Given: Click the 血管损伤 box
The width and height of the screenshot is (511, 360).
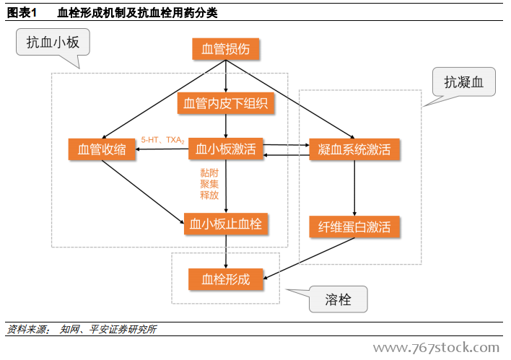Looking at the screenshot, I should pos(226,49).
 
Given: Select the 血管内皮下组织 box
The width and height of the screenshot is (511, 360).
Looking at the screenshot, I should pos(226,104).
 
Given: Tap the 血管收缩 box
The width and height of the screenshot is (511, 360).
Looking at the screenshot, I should pos(102,149).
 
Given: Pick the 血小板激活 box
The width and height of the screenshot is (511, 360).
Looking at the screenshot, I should pos(226,149).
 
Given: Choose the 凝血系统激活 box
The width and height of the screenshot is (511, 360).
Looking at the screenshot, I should pos(354,149).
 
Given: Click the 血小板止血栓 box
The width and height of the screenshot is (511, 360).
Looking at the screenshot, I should pos(226,224).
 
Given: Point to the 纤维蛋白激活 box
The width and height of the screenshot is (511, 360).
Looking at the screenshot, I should pos(354,227).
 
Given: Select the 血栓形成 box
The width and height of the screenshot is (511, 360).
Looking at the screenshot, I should pos(226,279).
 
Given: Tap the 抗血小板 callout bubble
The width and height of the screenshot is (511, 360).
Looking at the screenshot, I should pos(53,43).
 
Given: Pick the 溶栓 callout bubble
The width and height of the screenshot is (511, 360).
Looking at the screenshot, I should pos(338,299).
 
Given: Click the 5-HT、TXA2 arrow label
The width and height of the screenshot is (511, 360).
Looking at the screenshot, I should pos(163,140).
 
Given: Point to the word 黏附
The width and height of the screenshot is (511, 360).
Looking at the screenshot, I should pos(209,173).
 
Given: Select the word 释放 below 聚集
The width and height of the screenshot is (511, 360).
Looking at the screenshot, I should pos(209,195).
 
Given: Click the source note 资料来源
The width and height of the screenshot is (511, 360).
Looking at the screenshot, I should pos(27,330).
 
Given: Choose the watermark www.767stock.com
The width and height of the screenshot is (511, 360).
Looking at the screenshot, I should pos(435,348).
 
